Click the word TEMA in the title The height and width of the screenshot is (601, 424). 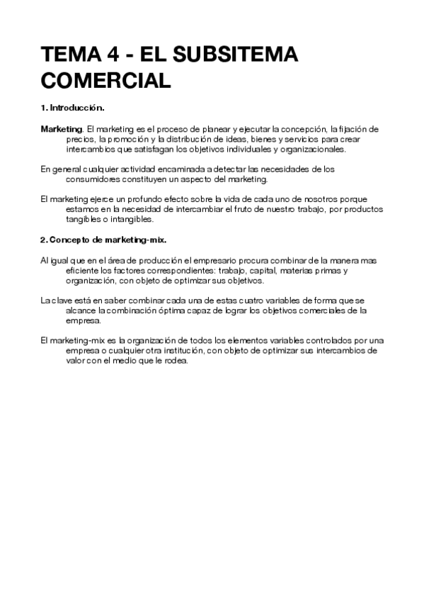(69, 55)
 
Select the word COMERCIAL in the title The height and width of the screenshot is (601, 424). (105, 79)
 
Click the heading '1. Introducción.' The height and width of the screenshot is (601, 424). (73, 108)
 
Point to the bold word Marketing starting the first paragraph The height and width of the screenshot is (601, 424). (62, 130)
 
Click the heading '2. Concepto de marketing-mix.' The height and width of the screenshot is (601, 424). (103, 240)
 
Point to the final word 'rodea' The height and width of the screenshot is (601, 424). (174, 360)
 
